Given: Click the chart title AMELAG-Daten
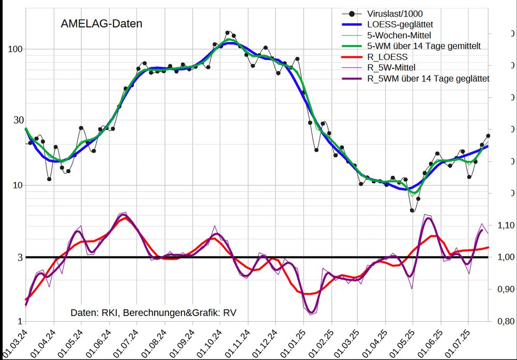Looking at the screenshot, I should [101, 23].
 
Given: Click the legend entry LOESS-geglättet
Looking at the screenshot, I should [400, 24].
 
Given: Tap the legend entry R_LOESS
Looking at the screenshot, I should [387, 57].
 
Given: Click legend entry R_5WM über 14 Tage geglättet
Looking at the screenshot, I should [428, 79].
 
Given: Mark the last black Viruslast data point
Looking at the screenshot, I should [488, 136].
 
